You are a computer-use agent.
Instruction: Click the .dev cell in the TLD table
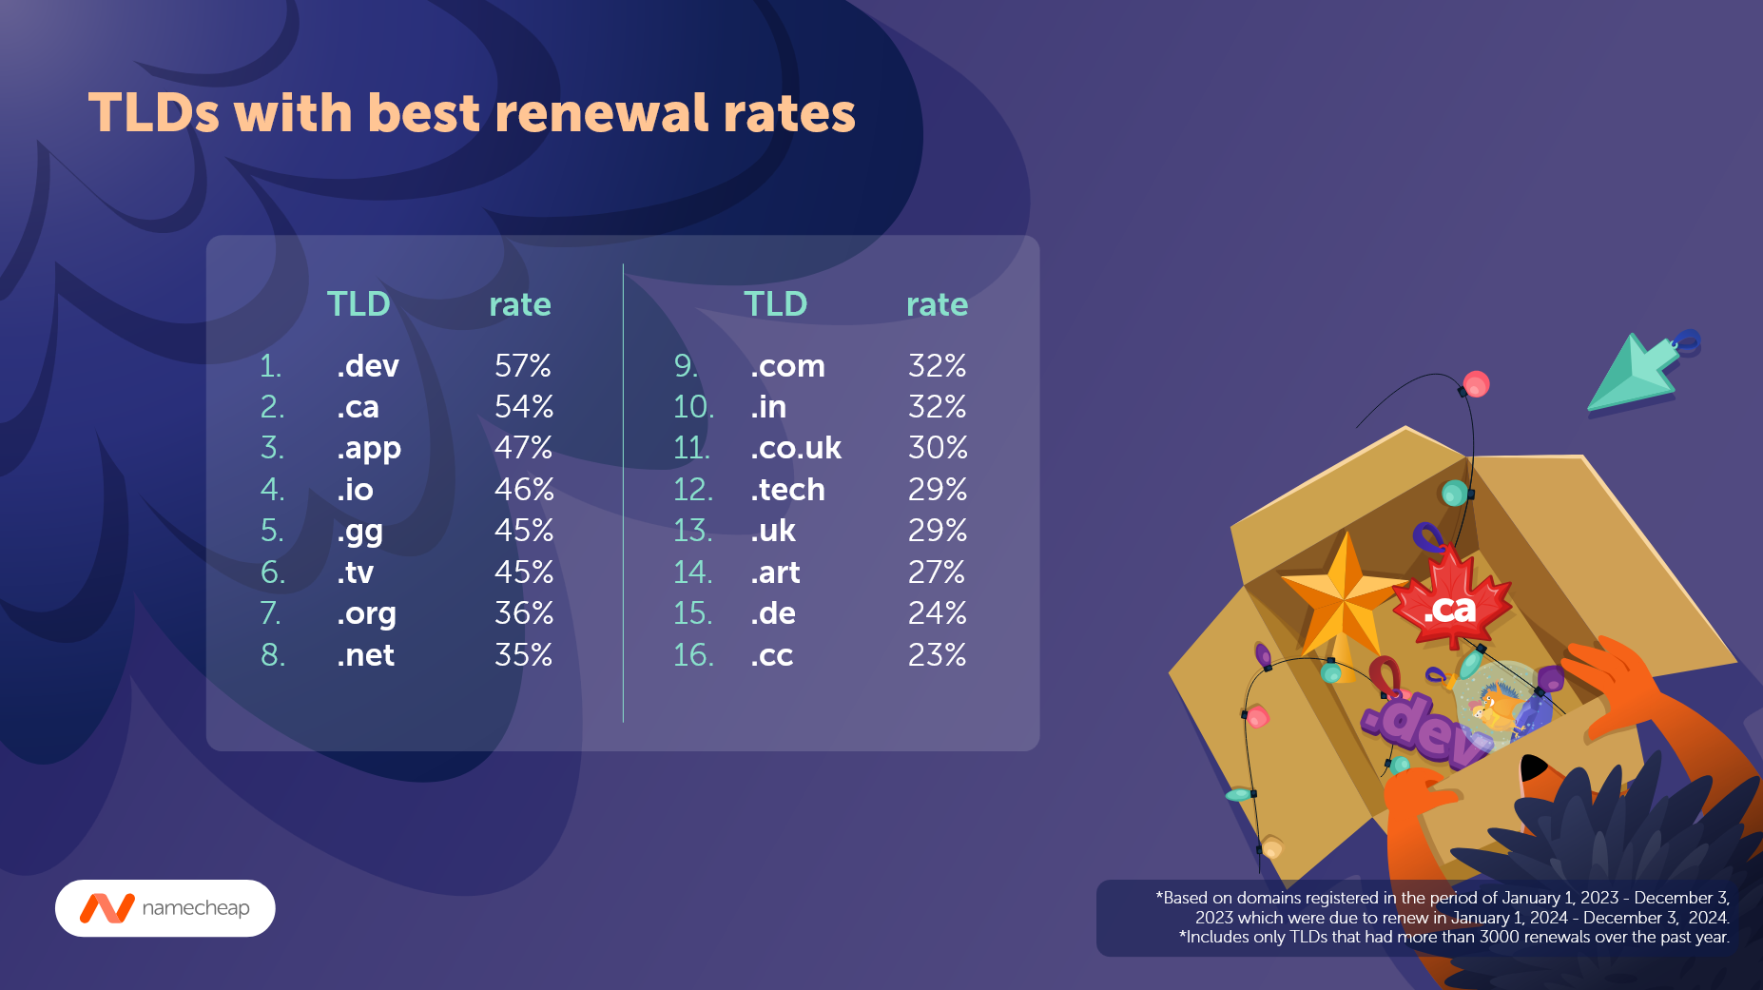click(367, 366)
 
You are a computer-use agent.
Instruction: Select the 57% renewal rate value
click(523, 366)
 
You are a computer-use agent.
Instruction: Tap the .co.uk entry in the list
click(796, 448)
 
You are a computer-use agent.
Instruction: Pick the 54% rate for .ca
click(523, 407)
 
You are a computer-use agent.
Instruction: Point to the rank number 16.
click(692, 655)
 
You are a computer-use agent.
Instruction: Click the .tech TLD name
click(787, 490)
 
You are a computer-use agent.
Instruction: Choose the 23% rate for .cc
click(937, 655)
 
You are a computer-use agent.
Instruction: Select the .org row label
click(366, 614)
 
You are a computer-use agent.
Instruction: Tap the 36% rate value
click(523, 613)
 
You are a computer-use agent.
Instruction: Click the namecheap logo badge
click(165, 908)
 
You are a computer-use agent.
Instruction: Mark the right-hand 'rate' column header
click(937, 304)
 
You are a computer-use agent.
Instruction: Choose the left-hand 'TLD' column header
click(358, 304)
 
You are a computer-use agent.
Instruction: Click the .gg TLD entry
click(359, 532)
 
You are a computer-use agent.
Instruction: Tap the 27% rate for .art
click(937, 573)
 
